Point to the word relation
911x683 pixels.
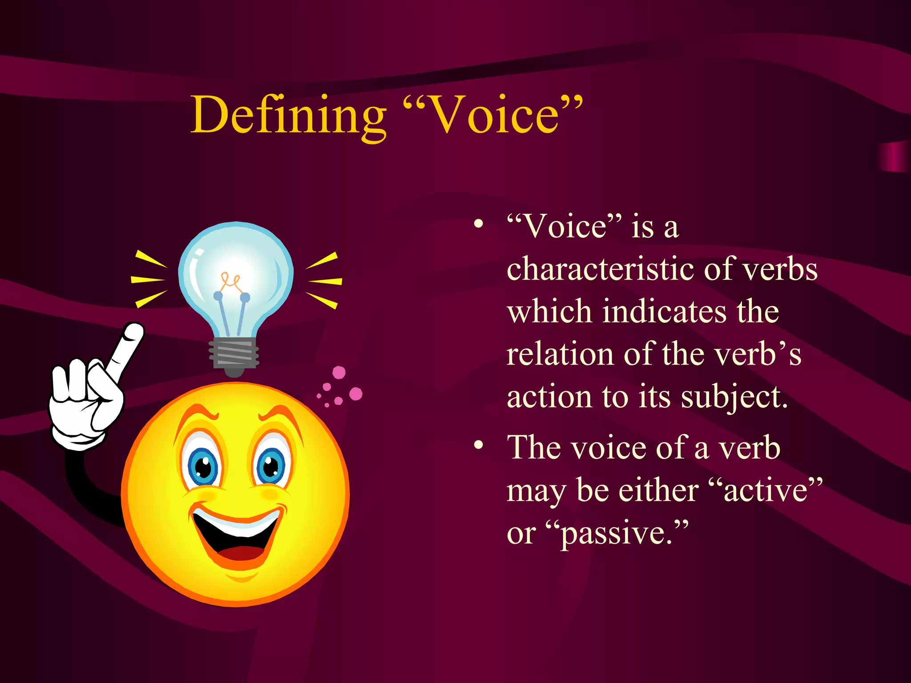point(560,354)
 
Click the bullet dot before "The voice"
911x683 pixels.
point(478,445)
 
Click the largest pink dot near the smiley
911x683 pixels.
point(355,394)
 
